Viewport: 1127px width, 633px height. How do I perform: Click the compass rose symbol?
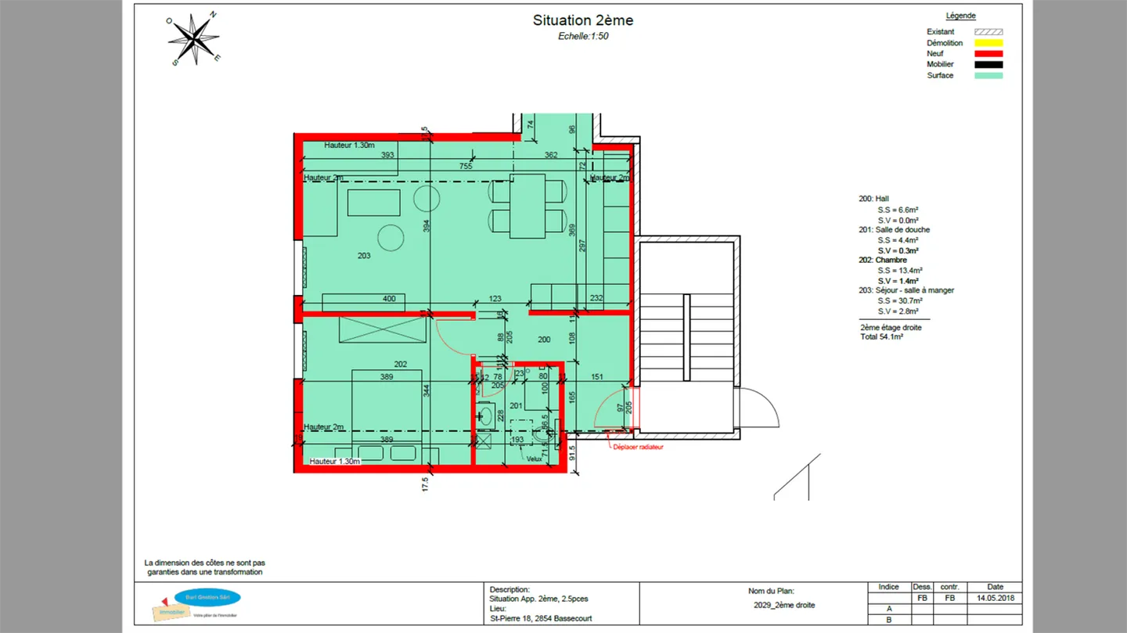(193, 38)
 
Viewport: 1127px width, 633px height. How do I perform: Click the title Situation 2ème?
(583, 20)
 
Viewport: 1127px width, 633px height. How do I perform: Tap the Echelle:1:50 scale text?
(583, 36)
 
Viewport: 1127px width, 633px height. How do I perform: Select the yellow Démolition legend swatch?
(988, 43)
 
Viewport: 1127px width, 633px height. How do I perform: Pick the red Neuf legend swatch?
(988, 54)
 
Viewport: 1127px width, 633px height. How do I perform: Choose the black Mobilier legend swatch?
(988, 65)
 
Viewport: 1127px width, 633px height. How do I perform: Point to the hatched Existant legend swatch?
(988, 32)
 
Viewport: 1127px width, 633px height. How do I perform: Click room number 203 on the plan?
(364, 256)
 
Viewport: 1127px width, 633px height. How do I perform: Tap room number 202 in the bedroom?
(400, 364)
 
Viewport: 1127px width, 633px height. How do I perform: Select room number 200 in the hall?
(544, 340)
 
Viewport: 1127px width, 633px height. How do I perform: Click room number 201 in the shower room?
(516, 405)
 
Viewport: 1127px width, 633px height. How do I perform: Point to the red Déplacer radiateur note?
(637, 448)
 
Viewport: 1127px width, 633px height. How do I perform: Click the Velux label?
(534, 459)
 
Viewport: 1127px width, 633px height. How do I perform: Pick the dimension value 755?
(465, 166)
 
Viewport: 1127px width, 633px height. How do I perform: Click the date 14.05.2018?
(995, 598)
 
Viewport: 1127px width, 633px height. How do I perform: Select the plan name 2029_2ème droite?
(783, 605)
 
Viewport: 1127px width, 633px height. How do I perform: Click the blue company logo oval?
(207, 598)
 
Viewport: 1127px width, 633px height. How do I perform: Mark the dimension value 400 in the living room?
(389, 299)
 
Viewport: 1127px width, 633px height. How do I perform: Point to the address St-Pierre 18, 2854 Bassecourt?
(541, 618)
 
